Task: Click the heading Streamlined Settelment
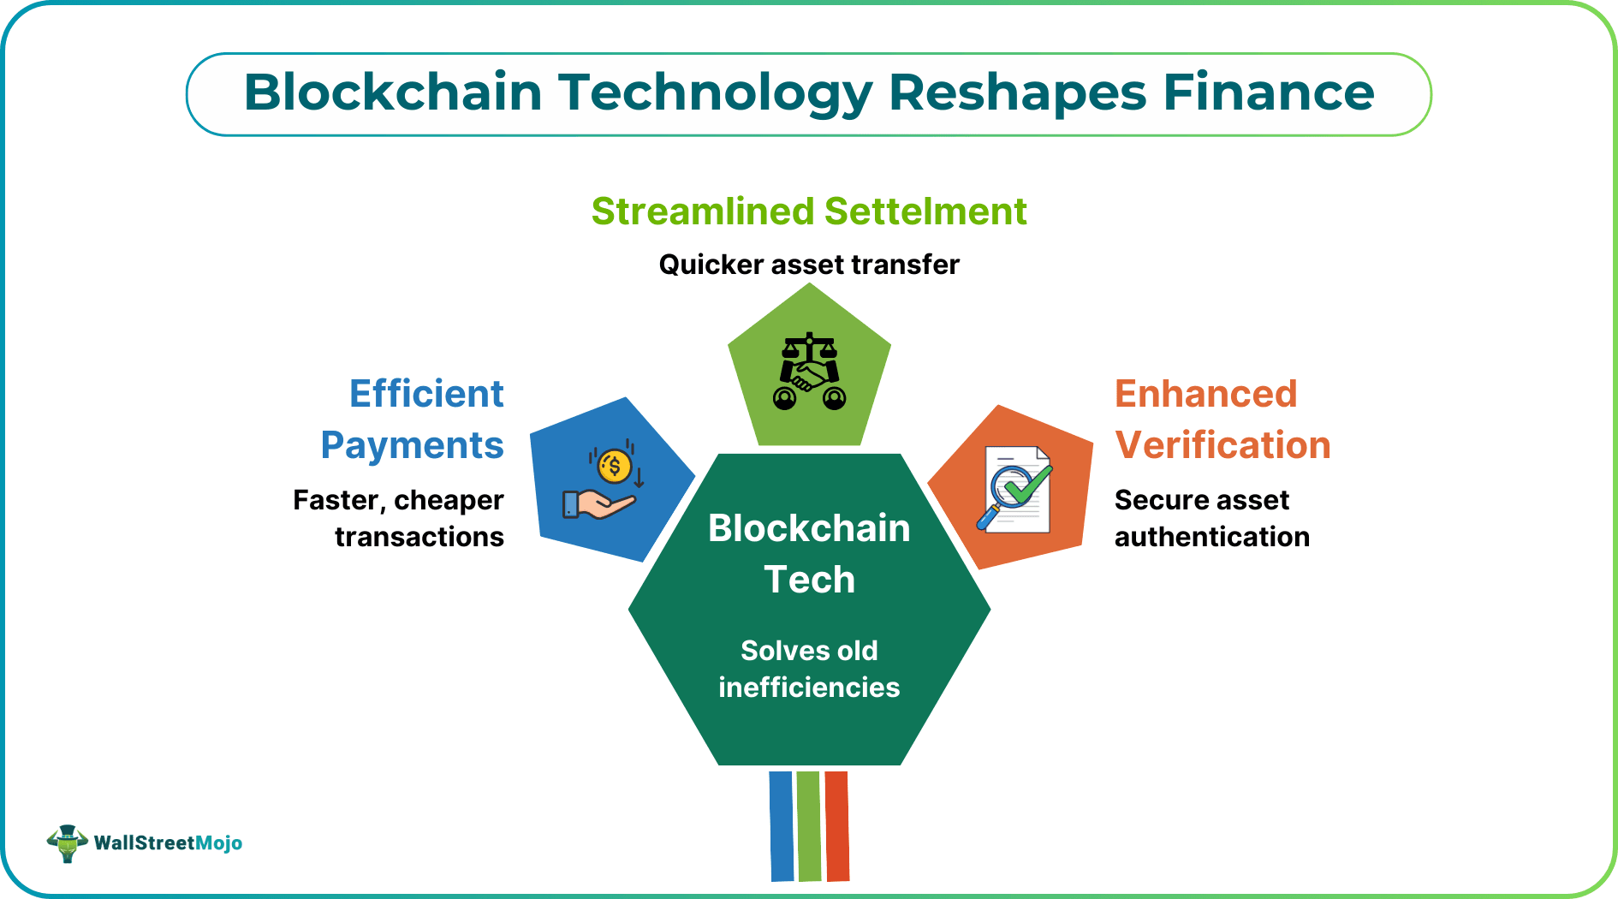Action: coord(808,211)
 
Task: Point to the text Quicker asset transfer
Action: coord(808,265)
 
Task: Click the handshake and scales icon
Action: coord(809,372)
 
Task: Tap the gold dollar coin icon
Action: coord(614,467)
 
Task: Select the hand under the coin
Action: coord(599,504)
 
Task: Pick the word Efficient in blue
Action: coord(426,394)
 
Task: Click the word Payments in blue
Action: coord(412,445)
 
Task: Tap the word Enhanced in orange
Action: coord(1205,394)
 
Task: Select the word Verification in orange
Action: coord(1222,445)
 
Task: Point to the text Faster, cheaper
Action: coord(398,500)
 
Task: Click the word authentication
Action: coord(1211,537)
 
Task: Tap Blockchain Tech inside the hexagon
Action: coord(809,553)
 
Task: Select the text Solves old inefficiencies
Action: coord(809,669)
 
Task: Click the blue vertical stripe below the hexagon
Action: coord(781,826)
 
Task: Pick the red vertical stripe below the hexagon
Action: coord(836,826)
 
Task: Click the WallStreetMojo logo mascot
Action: coord(68,843)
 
